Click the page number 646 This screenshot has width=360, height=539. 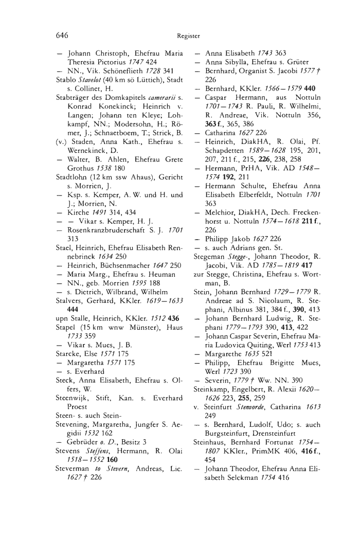pos(62,35)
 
